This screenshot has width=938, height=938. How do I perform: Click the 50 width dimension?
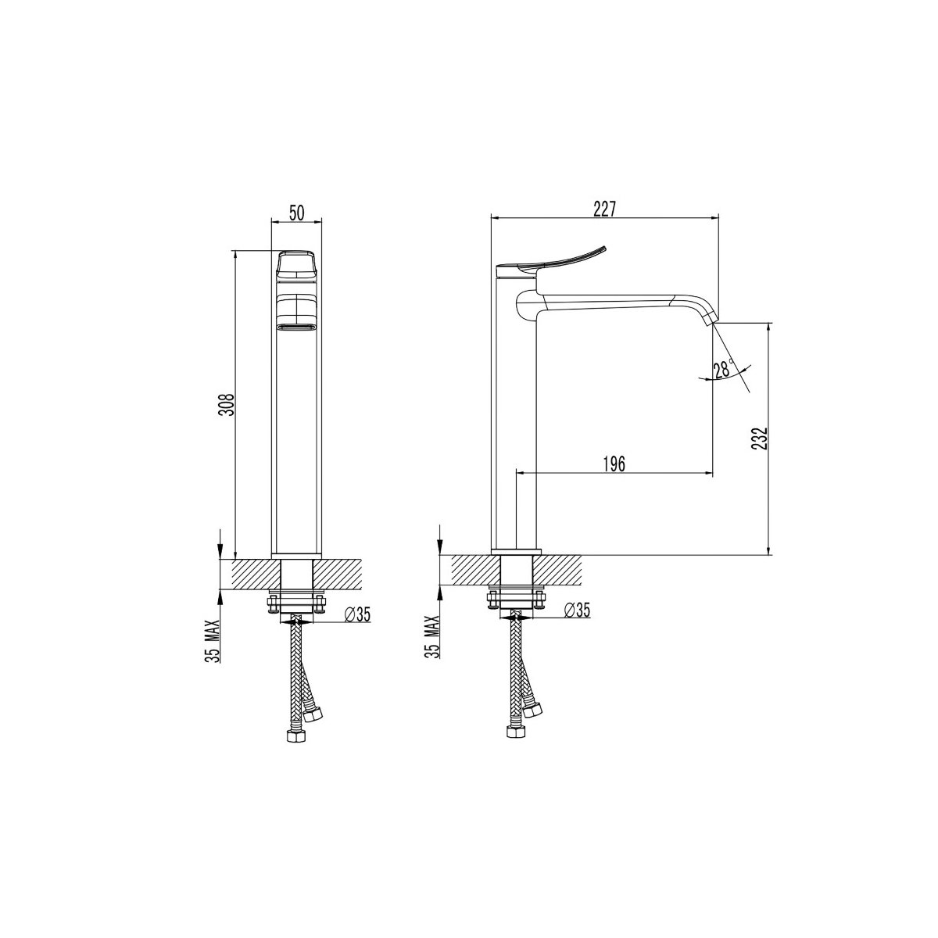(x=296, y=213)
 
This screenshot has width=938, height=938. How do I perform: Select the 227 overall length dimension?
(x=604, y=209)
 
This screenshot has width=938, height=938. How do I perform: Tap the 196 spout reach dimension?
(x=614, y=464)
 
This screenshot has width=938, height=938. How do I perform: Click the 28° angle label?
(x=724, y=369)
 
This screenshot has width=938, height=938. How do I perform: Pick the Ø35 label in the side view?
(x=577, y=610)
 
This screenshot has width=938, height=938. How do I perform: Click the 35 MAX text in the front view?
(x=213, y=640)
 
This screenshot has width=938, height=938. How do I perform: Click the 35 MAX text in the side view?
(x=433, y=637)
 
